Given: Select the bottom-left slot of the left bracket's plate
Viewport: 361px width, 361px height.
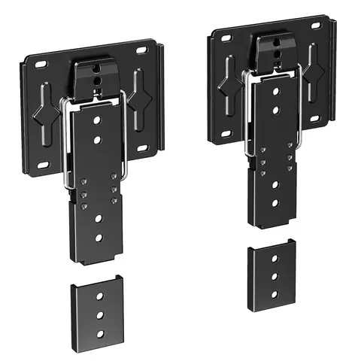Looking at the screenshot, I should coord(44,165).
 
